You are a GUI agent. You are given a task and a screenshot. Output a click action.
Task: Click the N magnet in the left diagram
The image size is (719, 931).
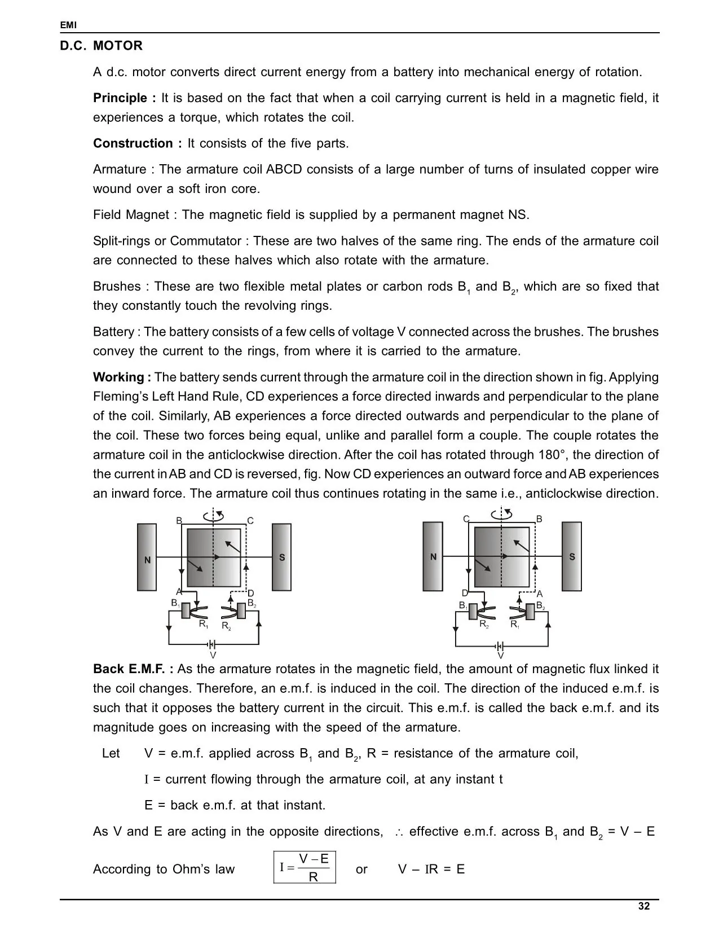147,557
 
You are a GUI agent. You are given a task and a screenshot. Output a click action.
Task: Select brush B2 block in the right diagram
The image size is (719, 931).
531,611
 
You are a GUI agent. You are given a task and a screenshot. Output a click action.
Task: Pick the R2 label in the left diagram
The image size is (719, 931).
226,626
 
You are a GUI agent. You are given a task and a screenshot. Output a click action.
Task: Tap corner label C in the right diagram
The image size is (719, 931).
466,519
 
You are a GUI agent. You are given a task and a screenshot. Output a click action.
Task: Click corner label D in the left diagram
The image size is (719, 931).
251,593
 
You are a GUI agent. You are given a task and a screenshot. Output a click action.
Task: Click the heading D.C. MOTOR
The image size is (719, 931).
102,46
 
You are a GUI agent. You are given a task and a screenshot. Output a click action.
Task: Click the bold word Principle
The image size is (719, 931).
120,98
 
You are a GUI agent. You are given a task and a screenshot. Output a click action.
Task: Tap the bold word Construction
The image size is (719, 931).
134,143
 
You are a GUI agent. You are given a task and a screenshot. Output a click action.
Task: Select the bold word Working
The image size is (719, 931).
118,377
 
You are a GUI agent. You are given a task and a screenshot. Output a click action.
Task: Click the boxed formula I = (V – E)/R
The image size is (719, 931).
305,867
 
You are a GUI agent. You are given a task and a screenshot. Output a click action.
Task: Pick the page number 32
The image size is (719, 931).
644,906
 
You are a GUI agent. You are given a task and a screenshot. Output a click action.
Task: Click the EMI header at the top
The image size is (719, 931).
68,25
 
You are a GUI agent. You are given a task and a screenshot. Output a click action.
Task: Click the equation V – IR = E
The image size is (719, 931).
431,869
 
